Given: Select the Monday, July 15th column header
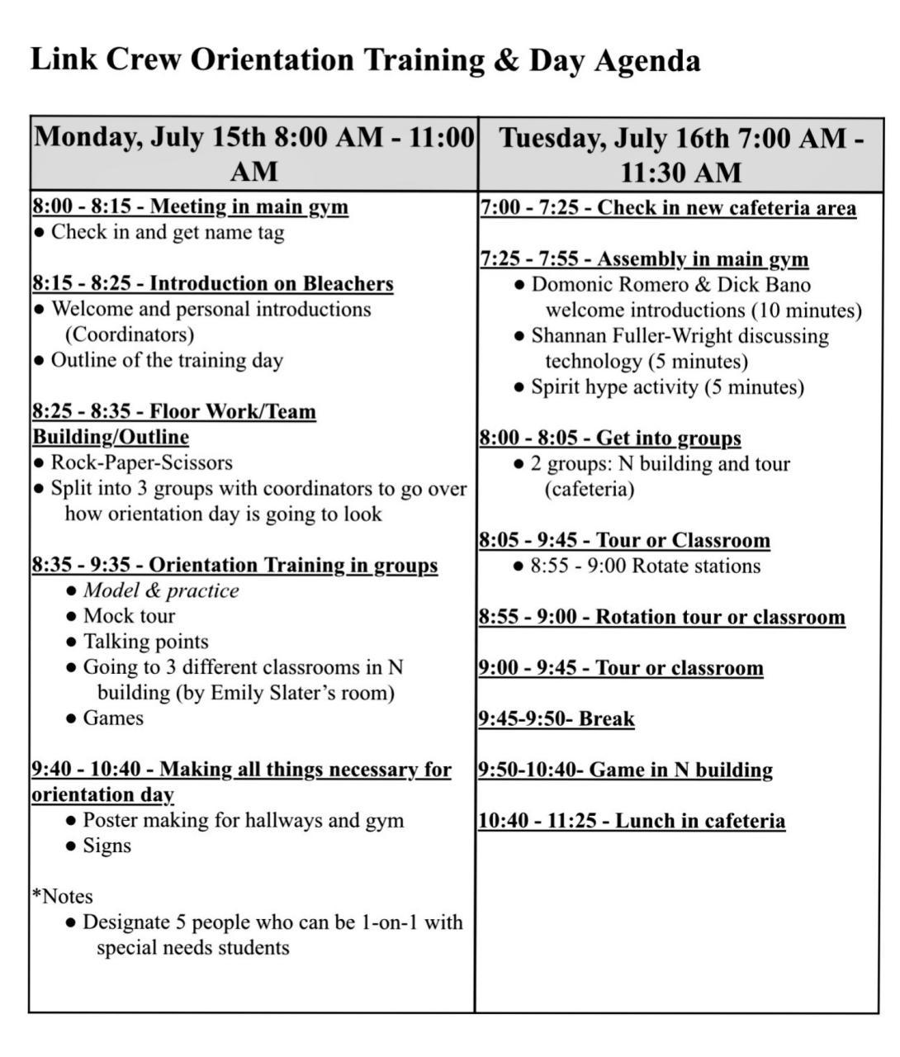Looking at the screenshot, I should [x=253, y=154].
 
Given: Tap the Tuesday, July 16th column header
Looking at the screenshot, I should [x=680, y=154].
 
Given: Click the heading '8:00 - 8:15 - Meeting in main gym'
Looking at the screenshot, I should [x=190, y=206].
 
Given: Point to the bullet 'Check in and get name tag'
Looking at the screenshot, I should [x=168, y=232].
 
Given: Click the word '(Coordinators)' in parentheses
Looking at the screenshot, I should [x=130, y=334].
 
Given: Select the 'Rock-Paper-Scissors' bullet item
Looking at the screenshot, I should [x=141, y=462].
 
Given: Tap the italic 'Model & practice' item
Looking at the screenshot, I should [x=161, y=590].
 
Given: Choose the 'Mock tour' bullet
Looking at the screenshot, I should [x=129, y=616].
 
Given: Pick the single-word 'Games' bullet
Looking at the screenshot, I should [x=113, y=718].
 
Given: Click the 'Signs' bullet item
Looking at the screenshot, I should [x=107, y=846].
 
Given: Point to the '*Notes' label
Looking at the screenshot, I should [x=62, y=897].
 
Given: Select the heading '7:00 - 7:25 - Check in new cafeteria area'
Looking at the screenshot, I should [x=667, y=207].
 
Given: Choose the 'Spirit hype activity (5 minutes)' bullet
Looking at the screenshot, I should [x=667, y=387].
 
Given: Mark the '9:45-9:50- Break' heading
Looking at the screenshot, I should [x=557, y=718].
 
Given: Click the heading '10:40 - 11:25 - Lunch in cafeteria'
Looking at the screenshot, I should [x=631, y=821].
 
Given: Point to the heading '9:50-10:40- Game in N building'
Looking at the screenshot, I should [x=625, y=770].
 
